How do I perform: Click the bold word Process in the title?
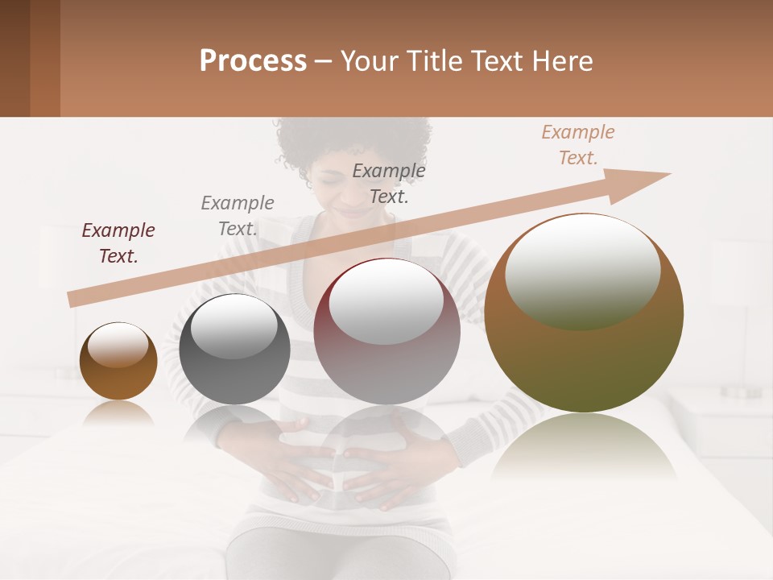[x=253, y=61]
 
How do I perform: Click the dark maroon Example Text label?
[x=118, y=243]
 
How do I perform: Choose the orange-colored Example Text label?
[x=578, y=145]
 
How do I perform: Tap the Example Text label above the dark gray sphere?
[x=238, y=216]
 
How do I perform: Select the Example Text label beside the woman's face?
[x=389, y=184]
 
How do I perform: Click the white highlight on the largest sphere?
[x=582, y=272]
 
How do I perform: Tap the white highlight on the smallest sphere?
[x=118, y=345]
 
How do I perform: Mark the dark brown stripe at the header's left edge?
[x=14, y=58]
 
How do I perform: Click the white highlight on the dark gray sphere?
[x=234, y=326]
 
